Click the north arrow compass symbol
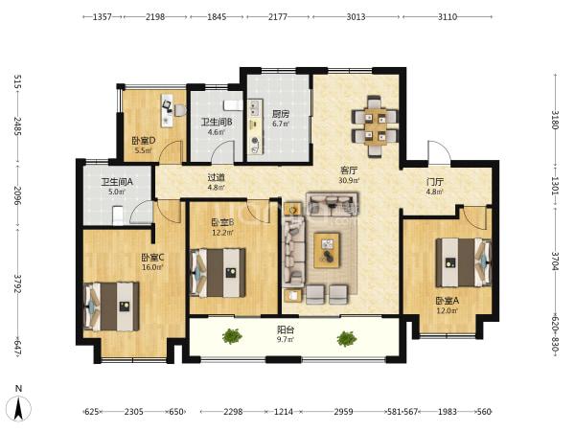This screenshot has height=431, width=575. pos(19,407)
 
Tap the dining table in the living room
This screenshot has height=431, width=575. pos(375,126)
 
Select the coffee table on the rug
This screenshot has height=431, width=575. pos(327,250)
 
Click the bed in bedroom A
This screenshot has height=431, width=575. pos(463,262)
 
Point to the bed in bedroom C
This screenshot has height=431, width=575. pos(112,306)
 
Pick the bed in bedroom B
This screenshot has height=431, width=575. pos(218,273)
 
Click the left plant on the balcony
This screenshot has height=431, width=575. pos(232,336)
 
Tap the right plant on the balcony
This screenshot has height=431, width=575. pos(347,339)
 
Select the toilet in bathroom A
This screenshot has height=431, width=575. pos(117,215)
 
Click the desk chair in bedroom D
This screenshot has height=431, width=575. pos(180,110)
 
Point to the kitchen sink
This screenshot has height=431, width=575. pos(254,106)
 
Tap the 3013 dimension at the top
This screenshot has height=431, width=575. pos(356,16)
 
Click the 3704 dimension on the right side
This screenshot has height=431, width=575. pos(555,261)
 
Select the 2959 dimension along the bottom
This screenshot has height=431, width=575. pos(344,412)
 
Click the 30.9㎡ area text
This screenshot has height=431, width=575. pos(349,180)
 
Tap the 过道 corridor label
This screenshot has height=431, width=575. pos(216,177)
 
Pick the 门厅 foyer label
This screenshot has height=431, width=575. pos(435,182)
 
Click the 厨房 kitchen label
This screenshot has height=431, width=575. pos(281,114)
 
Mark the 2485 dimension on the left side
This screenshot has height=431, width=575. pos(17,126)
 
